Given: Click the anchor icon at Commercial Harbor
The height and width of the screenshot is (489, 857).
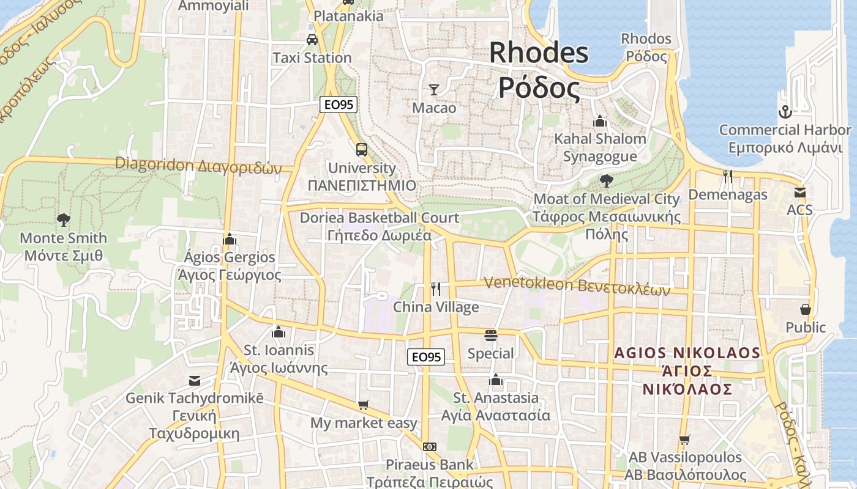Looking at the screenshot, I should coord(785,112).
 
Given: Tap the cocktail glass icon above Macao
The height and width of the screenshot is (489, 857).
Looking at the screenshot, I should coord(434,90).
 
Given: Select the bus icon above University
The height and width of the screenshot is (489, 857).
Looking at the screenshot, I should coord(362,150).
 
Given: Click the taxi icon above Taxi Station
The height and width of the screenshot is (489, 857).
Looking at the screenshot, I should coord(312,40).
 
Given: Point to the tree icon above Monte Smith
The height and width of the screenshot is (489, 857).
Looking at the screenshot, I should coord(63,220).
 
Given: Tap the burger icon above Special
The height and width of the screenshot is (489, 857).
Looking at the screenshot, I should coord(491,335).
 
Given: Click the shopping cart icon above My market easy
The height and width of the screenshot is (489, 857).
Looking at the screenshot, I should coord(364,405).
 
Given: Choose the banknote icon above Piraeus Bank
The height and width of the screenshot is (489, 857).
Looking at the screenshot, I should coord(430,447).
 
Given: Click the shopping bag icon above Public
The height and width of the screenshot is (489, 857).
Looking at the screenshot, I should coord(806,309).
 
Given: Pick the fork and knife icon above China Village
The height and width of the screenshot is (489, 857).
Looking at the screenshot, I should coord(436,289).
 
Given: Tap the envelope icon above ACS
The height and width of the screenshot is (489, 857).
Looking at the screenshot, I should coord(799,192).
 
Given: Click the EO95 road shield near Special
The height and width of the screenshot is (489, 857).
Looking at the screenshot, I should coord(426,357).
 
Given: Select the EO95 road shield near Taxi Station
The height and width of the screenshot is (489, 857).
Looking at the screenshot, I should coord(339,105).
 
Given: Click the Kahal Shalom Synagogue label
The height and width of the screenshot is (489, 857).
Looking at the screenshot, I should coord(600,147).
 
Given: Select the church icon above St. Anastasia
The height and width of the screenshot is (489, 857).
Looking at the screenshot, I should coord(496,380).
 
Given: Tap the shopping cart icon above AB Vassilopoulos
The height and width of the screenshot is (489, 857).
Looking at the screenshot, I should coord(685,439).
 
